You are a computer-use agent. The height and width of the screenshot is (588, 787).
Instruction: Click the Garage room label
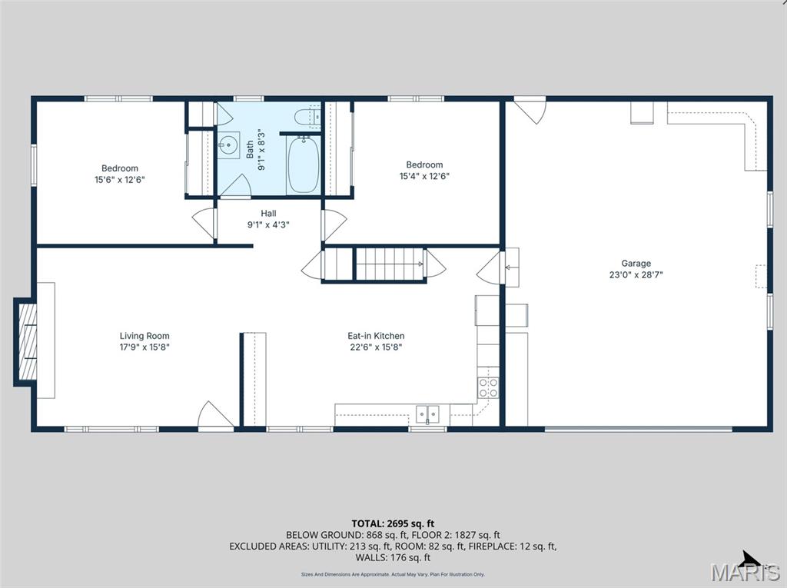[636, 263]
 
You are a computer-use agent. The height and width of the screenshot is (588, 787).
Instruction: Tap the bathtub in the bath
[303, 164]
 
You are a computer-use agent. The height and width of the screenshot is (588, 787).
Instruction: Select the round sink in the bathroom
[228, 145]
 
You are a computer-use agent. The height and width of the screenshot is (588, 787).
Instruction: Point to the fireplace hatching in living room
[26, 341]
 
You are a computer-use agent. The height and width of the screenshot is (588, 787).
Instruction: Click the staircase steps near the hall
[390, 264]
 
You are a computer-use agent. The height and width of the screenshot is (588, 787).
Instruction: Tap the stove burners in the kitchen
[488, 387]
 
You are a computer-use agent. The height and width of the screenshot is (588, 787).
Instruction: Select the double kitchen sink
[427, 414]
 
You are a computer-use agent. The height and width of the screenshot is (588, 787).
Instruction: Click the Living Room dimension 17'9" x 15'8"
[144, 347]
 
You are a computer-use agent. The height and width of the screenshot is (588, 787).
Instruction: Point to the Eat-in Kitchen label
[376, 336]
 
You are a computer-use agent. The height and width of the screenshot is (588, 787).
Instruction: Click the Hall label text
[268, 213]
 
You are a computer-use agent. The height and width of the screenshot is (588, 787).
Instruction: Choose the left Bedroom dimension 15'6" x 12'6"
[120, 179]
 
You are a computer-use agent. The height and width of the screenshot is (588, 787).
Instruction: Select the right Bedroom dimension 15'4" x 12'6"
[424, 175]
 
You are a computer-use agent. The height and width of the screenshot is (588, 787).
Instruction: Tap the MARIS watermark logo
[743, 571]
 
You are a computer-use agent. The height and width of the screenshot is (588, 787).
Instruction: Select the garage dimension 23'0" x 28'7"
[636, 274]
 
